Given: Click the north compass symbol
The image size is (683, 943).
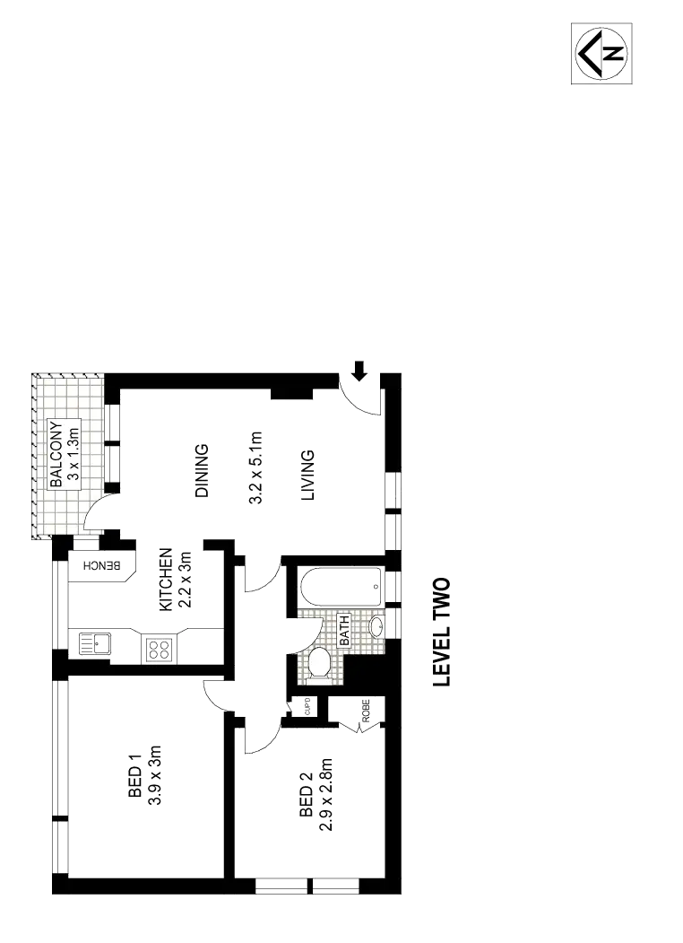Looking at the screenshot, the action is pos(602,55).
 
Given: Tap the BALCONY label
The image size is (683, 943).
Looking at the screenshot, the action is pos(57,454).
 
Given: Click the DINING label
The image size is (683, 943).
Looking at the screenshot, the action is pos(202,471).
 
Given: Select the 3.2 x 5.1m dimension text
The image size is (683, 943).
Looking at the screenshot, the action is pos(255,470).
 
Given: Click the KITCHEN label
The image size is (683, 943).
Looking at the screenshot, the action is pos(165,580).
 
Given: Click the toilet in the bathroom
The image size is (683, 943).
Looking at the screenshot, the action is pos(318,664).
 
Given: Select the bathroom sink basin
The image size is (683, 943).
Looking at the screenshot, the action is pos(376,625).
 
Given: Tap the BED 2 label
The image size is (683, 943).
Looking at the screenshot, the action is pos(306,793).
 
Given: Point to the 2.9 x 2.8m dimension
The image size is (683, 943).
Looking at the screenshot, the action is pos(326,793).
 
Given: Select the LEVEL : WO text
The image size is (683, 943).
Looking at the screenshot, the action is pos(441,632).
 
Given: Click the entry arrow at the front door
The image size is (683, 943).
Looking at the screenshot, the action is pos(359,369).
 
